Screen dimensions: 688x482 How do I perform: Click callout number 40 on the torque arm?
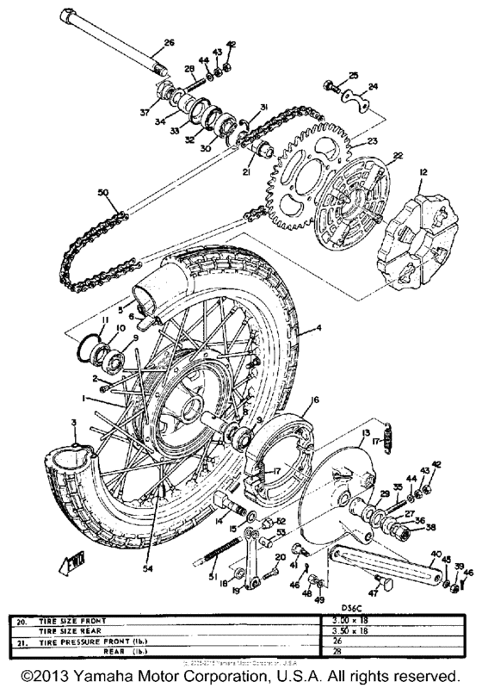tap(436, 555)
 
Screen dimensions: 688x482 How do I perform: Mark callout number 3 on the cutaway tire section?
tap(74, 425)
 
